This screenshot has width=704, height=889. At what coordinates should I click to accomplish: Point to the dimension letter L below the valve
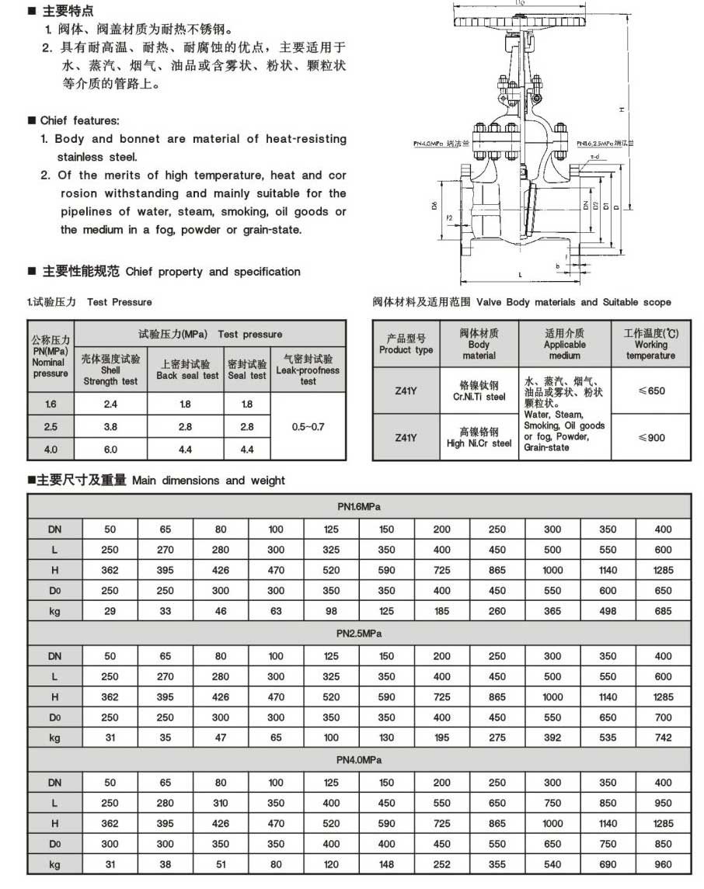pyautogui.click(x=517, y=275)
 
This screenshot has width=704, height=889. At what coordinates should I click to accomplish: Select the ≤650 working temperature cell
pyautogui.click(x=651, y=391)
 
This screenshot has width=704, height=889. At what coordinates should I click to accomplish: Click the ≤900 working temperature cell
pyautogui.click(x=651, y=437)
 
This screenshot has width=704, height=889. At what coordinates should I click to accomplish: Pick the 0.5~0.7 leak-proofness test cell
pyautogui.click(x=308, y=426)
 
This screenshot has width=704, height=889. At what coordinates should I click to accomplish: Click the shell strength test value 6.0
pyautogui.click(x=110, y=450)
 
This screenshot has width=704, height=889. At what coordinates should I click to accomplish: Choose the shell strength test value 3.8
pyautogui.click(x=110, y=427)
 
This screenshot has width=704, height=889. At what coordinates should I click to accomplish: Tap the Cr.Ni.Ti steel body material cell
pyautogui.click(x=479, y=391)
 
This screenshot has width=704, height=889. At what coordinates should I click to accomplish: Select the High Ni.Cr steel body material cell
pyautogui.click(x=479, y=437)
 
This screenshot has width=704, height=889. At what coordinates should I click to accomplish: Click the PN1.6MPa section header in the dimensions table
pyautogui.click(x=359, y=507)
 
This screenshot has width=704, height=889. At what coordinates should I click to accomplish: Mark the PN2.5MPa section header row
pyautogui.click(x=359, y=634)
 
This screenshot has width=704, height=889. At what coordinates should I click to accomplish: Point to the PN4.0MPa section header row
pyautogui.click(x=359, y=760)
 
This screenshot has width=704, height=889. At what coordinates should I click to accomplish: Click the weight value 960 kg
pyautogui.click(x=663, y=863)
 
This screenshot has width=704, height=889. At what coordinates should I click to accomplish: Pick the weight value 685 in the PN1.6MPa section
pyautogui.click(x=663, y=611)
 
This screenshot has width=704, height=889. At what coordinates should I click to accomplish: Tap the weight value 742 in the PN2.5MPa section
pyautogui.click(x=663, y=738)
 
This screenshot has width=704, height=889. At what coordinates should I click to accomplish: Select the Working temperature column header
pyautogui.click(x=651, y=344)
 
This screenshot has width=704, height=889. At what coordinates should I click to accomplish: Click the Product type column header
pyautogui.click(x=406, y=344)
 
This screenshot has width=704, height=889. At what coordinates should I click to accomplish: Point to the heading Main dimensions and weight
pyautogui.click(x=208, y=481)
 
